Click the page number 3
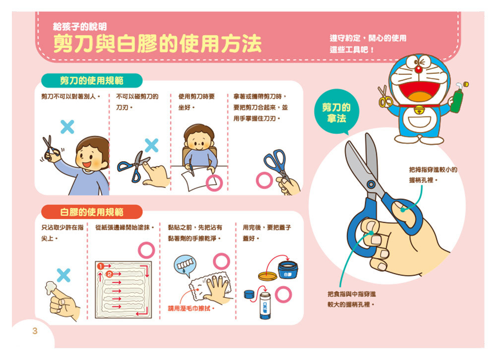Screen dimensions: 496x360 tap(35, 331)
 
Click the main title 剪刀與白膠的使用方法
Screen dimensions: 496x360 tap(157, 44)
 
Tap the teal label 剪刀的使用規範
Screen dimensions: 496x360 tap(92, 81)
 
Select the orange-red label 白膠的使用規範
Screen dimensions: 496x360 tap(92, 212)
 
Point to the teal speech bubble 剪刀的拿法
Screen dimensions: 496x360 tap(337, 112)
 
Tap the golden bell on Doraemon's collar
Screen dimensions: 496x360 tap(419, 110)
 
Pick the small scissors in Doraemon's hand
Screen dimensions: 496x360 tap(385, 96)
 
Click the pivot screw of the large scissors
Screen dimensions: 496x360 tap(371, 184)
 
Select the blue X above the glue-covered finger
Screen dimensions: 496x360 tap(63, 275)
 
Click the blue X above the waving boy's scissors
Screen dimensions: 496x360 tap(67, 127)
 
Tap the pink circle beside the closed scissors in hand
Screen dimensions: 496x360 tap(264, 180)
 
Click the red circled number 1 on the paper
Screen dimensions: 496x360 tap(101, 266)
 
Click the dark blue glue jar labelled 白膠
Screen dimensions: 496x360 tap(288, 270)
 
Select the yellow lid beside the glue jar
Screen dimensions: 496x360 tap(268, 276)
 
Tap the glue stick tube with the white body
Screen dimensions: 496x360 tap(265, 305)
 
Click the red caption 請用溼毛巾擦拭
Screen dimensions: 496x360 tap(191, 308)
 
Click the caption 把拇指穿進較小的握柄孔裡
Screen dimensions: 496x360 tap(433, 175)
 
